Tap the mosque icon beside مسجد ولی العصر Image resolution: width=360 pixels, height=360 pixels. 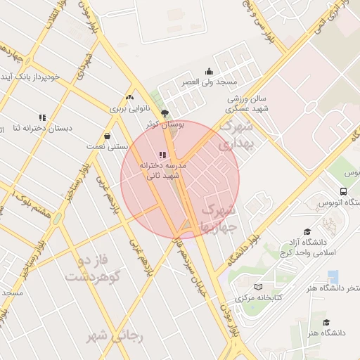(209, 71)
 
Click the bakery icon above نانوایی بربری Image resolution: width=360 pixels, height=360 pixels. (129, 98)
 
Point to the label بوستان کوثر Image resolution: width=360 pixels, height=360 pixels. (165, 124)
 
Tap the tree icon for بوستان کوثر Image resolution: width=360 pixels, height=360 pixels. (165, 112)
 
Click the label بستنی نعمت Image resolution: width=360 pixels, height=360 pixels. (107, 146)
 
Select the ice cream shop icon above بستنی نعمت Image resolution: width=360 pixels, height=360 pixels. (107, 136)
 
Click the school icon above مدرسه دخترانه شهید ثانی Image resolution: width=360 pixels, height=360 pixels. (163, 154)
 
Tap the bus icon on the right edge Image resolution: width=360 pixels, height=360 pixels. (343, 191)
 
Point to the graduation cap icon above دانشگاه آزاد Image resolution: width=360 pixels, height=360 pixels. (307, 231)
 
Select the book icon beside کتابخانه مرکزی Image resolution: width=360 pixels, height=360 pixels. (259, 287)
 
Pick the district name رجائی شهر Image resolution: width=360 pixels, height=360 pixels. (115, 337)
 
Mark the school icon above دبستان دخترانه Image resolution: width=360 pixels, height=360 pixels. (42, 117)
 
